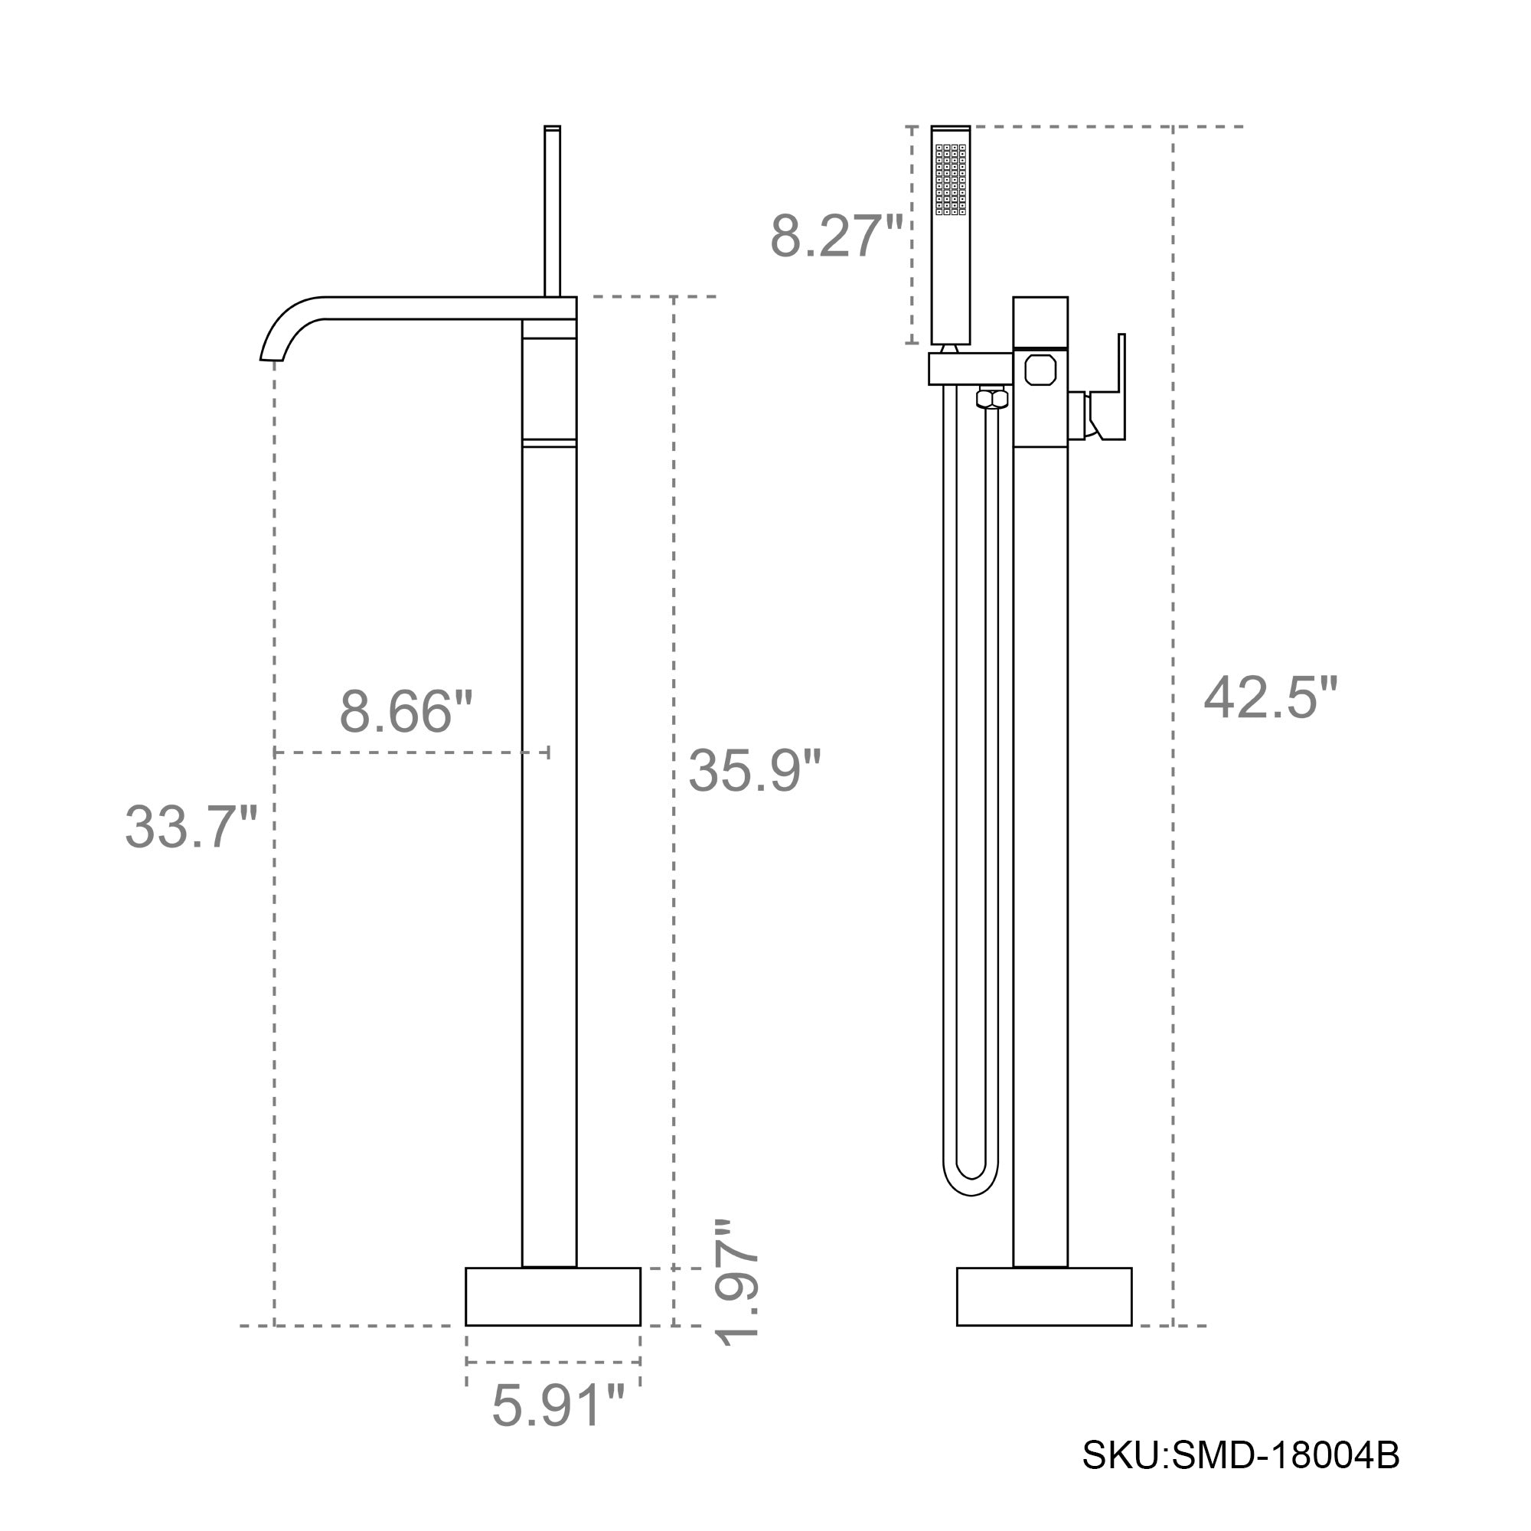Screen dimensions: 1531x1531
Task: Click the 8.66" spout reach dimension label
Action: (x=406, y=711)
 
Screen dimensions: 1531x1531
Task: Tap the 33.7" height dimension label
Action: (x=191, y=827)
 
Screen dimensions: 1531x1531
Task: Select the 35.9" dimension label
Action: (x=753, y=769)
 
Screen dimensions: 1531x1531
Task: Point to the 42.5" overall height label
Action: (x=1270, y=698)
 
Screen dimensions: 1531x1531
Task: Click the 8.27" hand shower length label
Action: (x=836, y=235)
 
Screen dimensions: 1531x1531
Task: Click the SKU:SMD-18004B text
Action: (x=1241, y=1477)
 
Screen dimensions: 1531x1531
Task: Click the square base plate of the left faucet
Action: (x=553, y=1297)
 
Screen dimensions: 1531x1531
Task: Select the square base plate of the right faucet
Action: (x=1043, y=1297)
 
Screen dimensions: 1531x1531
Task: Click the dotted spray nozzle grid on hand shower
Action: (x=950, y=179)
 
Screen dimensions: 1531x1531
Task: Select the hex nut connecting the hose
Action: (x=991, y=398)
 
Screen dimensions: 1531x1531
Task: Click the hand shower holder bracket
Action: (x=970, y=368)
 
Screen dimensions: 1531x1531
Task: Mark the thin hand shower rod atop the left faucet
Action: (x=553, y=210)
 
